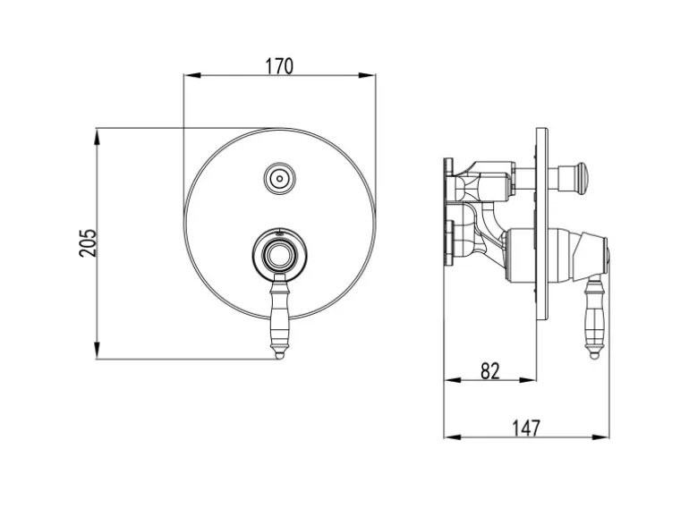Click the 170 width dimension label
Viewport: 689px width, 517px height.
[x=278, y=66]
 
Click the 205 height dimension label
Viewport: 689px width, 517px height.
[x=87, y=242]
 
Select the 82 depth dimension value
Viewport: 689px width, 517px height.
[x=490, y=371]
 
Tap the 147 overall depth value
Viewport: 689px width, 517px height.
[x=526, y=428]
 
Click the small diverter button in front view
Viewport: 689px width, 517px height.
[x=279, y=179]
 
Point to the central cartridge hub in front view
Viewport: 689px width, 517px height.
[x=279, y=255]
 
